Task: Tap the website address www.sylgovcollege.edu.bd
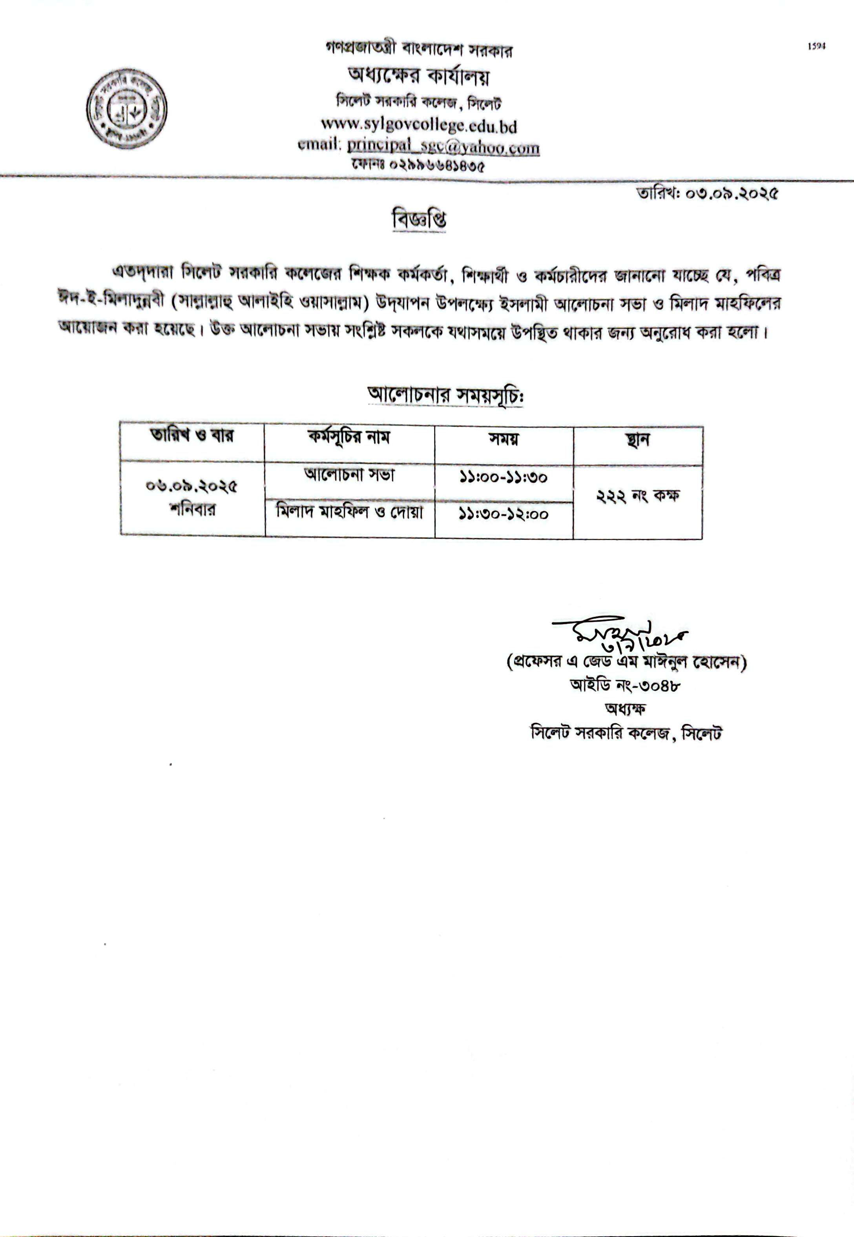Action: point(418,125)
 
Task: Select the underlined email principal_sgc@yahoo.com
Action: point(443,146)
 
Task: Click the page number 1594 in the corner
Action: point(817,47)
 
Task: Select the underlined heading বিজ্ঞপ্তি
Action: point(419,220)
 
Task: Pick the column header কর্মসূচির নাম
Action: point(349,438)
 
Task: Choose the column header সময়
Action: point(504,440)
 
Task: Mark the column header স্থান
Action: point(637,440)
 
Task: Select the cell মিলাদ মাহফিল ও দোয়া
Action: point(349,512)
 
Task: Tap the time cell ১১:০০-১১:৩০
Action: point(503,477)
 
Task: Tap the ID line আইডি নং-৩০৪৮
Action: point(625,685)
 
